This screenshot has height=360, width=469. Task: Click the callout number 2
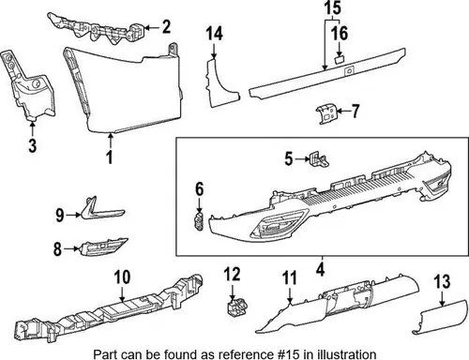point(166,27)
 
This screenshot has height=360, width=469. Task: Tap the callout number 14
point(215,34)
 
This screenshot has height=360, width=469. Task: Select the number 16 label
point(340,34)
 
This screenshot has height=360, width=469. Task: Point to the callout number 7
point(355,112)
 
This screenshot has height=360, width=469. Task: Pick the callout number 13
point(442,281)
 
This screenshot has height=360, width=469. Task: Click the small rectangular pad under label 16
point(340,59)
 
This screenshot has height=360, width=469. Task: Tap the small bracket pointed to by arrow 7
point(326,114)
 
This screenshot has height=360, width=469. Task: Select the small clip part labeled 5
point(319,159)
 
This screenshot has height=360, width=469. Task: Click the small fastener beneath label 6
point(199,221)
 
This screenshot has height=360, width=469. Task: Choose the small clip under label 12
point(236,307)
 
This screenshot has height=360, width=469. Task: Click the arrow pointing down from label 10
point(122,293)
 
